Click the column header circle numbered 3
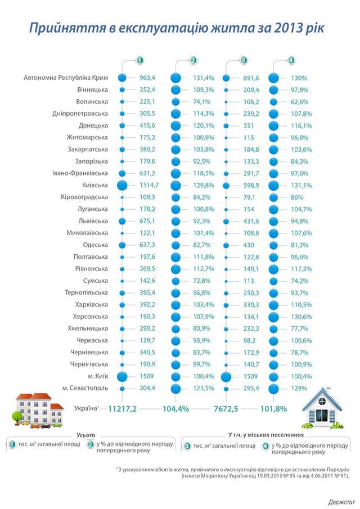click(x=244, y=61)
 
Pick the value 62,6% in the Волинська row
click(x=300, y=102)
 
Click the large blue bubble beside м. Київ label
click(x=122, y=377)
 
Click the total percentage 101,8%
click(x=274, y=408)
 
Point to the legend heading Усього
click(x=86, y=435)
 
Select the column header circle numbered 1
click(x=139, y=61)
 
